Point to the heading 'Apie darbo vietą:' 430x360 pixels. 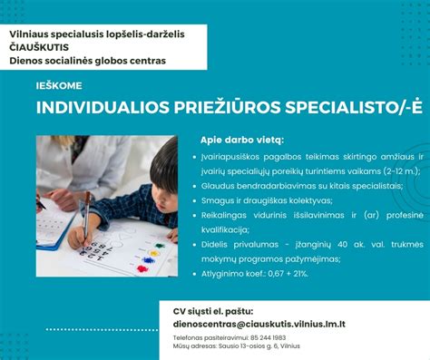pyautogui.click(x=242, y=141)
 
